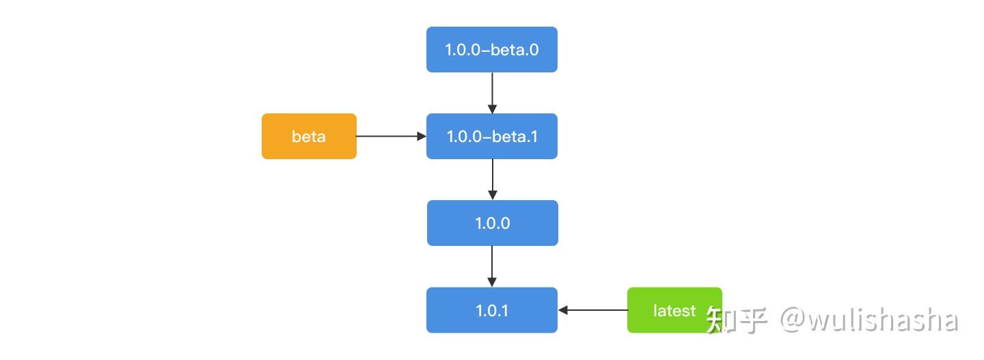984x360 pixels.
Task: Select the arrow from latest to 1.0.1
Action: (593, 310)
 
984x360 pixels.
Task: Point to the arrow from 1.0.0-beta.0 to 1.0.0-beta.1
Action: (492, 92)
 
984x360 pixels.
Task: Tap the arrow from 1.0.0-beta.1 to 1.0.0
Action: (492, 179)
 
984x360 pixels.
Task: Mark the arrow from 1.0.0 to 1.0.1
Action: (492, 266)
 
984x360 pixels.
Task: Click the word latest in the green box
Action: (674, 311)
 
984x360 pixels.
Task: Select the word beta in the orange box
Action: (309, 137)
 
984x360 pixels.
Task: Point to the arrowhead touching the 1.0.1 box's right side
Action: (564, 310)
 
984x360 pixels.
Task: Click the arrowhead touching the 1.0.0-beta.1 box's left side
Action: (422, 137)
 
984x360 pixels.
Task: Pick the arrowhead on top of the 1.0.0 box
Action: (492, 195)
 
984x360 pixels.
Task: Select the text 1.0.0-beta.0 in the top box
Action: (492, 50)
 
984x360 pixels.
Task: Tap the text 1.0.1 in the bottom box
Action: (492, 311)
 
